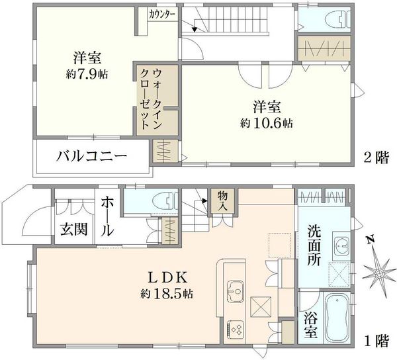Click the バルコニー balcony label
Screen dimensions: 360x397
point(92,157)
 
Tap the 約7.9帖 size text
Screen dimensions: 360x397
point(86,74)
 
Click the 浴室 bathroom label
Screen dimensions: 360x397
point(310,326)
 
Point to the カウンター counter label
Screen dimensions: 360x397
point(162,13)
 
